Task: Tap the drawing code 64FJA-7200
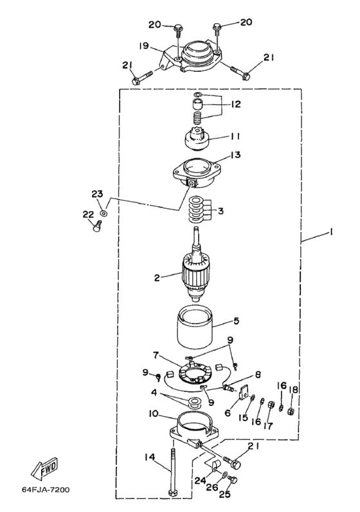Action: pyautogui.click(x=46, y=490)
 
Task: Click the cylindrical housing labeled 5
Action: pyautogui.click(x=195, y=327)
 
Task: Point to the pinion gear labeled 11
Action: pyautogui.click(x=195, y=139)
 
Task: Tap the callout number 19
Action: pyautogui.click(x=144, y=46)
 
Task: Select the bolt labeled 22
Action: pyautogui.click(x=97, y=226)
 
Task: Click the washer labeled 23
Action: pyautogui.click(x=104, y=213)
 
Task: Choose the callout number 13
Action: pyautogui.click(x=235, y=154)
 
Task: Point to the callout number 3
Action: pyautogui.click(x=221, y=211)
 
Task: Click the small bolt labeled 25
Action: pyautogui.click(x=233, y=480)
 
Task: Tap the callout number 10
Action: pyautogui.click(x=153, y=414)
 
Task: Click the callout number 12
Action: pyautogui.click(x=235, y=104)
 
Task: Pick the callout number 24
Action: pyautogui.click(x=201, y=481)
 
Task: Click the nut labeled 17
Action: pyautogui.click(x=271, y=405)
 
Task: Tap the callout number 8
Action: pyautogui.click(x=258, y=375)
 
